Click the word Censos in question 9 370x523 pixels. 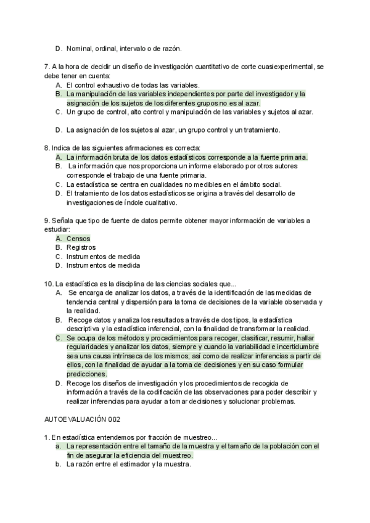click(x=78, y=239)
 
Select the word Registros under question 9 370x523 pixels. click(x=81, y=248)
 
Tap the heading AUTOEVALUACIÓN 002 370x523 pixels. click(x=82, y=419)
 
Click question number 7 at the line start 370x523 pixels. click(x=46, y=67)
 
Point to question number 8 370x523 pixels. click(x=47, y=148)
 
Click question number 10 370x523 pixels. click(x=49, y=283)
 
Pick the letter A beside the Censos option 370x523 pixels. click(x=58, y=239)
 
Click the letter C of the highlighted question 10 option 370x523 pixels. click(x=58, y=338)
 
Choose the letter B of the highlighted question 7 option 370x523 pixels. click(x=58, y=94)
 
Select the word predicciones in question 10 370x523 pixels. click(x=86, y=374)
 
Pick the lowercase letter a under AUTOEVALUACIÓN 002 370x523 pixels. click(x=57, y=446)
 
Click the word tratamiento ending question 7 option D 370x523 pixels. click(x=261, y=130)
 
